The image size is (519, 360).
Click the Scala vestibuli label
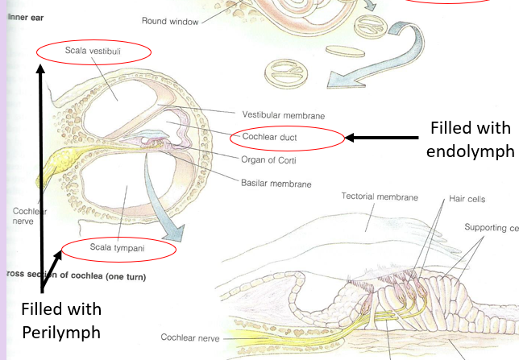93,52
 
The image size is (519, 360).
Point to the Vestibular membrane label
279,114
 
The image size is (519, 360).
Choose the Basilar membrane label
276,184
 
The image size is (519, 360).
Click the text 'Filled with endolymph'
470,139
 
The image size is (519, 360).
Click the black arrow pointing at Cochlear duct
384,138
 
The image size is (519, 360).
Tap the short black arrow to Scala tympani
54,260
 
